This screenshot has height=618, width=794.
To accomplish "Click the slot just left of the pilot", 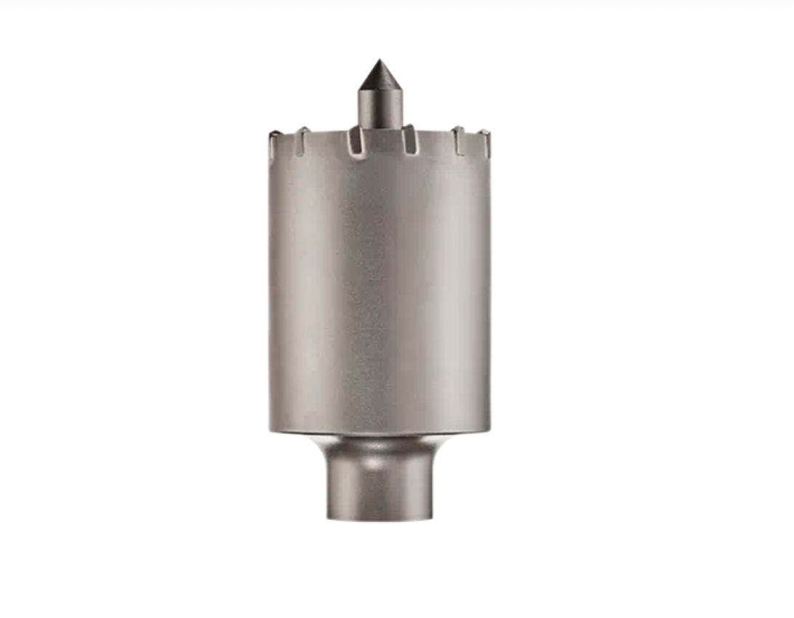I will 355,141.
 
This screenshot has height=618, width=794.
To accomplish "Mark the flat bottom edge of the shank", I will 379,518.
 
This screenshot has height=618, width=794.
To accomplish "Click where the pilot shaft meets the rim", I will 380,129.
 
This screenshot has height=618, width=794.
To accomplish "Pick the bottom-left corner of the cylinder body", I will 270,430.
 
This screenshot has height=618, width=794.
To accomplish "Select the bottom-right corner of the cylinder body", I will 489,430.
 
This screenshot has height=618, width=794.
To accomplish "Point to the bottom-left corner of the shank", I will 327,517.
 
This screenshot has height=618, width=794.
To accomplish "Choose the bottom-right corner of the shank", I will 432,517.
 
